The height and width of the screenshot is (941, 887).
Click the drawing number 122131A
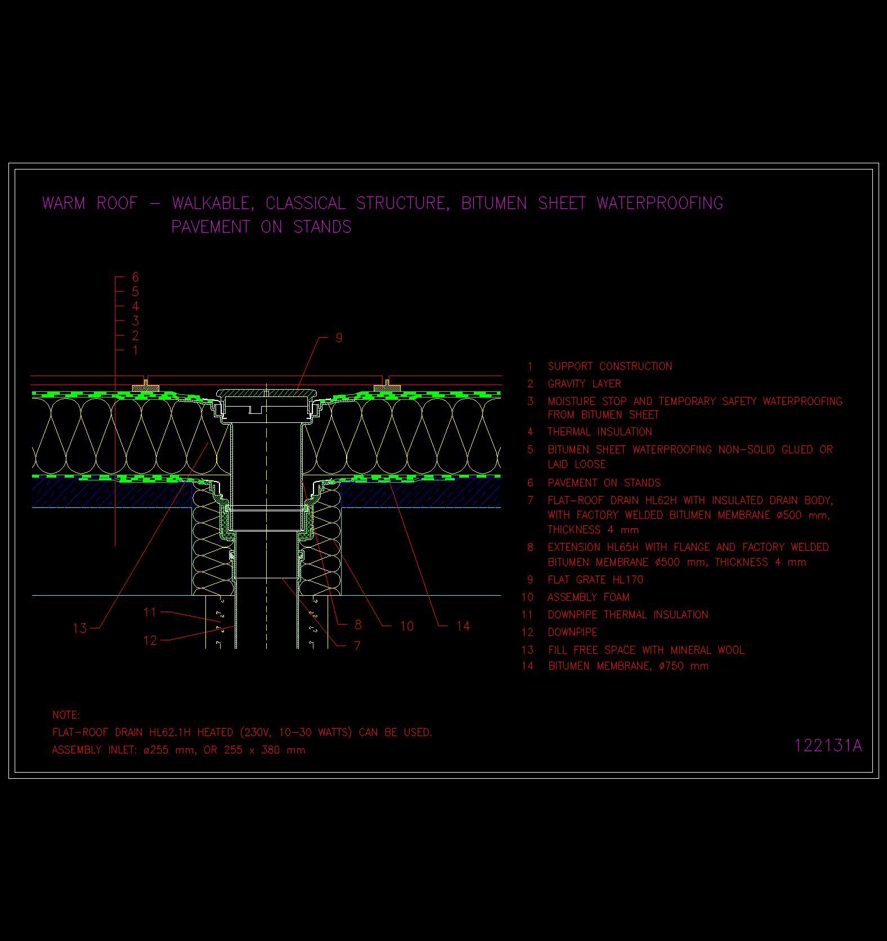pos(828,746)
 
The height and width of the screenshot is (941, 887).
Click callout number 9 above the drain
pos(339,338)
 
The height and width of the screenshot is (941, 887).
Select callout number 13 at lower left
pos(80,628)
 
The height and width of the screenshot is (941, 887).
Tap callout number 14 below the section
pos(463,626)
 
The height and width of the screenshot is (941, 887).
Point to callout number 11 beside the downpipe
pos(150,612)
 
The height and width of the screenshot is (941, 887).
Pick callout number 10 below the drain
pos(406,626)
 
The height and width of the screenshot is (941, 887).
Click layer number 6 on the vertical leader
pos(135,277)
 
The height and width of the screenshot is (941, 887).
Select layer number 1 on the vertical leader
pos(135,350)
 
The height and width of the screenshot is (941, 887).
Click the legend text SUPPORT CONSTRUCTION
pos(610,367)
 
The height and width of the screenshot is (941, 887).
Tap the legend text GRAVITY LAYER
pos(584,384)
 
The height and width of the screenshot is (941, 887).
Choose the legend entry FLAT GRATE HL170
pos(595,580)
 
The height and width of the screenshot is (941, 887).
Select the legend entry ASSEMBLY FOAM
pos(589,597)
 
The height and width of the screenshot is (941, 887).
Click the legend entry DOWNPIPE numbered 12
pos(573,632)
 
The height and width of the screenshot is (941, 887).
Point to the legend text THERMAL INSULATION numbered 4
pos(600,432)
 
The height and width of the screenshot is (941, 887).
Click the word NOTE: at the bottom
pos(66,715)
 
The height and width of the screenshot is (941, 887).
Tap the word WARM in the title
pos(64,203)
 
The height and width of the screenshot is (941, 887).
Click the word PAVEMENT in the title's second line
pos(210,227)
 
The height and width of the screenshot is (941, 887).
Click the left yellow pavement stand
pos(146,387)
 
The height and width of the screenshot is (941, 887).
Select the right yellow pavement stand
pos(387,387)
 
